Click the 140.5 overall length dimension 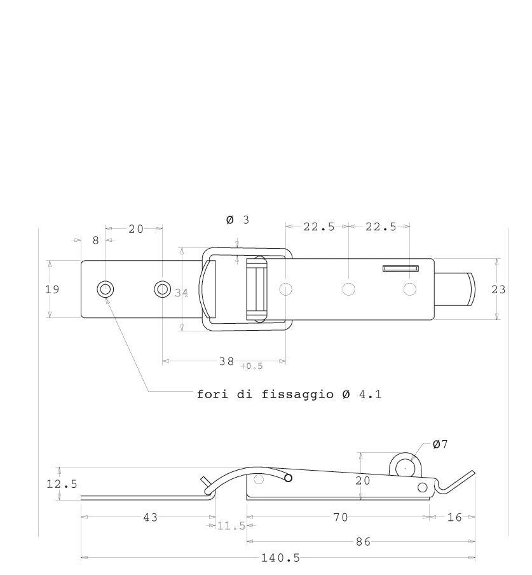pos(280,558)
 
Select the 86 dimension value pos(364,542)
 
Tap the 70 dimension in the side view pos(341,517)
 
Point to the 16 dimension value pos(454,517)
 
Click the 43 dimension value pos(150,517)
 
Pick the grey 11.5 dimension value pos(231,526)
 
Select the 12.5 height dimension pos(62,484)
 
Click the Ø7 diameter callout pos(440,444)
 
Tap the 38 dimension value pos(226,361)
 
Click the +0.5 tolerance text pos(252,366)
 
